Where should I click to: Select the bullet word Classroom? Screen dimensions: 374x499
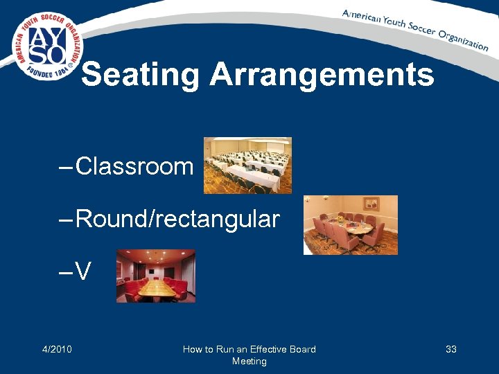(x=134, y=166)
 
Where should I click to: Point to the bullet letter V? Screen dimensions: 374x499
(x=83, y=272)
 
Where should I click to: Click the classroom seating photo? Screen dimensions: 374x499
(x=247, y=165)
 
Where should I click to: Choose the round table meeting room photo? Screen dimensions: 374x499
(x=351, y=224)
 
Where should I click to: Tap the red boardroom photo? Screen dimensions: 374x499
(x=156, y=276)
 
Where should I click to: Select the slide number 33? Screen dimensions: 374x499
(x=451, y=349)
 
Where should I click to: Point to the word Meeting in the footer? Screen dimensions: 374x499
(x=249, y=361)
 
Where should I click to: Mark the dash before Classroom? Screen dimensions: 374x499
(x=66, y=168)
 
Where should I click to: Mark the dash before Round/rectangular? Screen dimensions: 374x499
(x=66, y=221)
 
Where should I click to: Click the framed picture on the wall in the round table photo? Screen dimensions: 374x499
(x=371, y=204)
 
